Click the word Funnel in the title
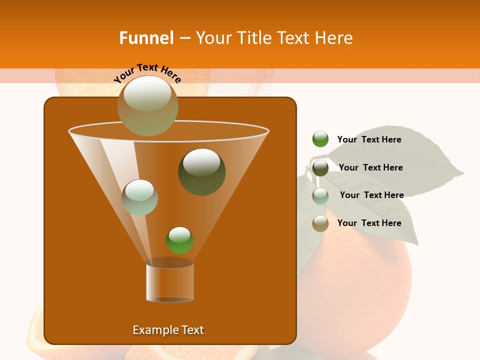pos(146,38)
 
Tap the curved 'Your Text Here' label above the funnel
pos(147,73)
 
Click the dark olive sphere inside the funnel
pos(201,171)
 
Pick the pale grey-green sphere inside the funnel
pos(139,197)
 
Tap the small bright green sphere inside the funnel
pos(179,240)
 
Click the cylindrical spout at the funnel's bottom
pos(169,282)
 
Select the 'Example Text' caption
pos(168,330)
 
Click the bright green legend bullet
pos(320,139)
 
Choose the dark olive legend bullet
pos(320,167)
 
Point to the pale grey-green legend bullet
pos(320,195)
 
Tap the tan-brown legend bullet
pos(320,223)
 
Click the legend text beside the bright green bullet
pos(369,139)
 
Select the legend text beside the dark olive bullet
pos(370,167)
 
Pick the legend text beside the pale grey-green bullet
pos(371,195)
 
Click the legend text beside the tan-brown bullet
pos(369,223)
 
